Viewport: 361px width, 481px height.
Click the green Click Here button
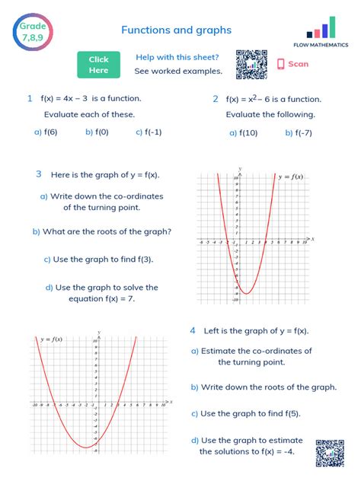(98, 65)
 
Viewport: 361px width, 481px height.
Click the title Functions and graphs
(176, 30)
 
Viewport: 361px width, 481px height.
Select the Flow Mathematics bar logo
(321, 30)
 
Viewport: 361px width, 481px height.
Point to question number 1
(30, 98)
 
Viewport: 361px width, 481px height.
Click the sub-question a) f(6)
(46, 132)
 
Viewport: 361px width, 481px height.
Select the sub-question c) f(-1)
(149, 132)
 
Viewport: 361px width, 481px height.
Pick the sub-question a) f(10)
(244, 132)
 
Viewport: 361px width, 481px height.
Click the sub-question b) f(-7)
(299, 132)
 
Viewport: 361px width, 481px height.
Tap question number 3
(38, 174)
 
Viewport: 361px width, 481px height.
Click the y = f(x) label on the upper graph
(289, 177)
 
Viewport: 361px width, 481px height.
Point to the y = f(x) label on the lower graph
(52, 339)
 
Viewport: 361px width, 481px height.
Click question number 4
(193, 330)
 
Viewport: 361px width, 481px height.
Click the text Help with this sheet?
(177, 57)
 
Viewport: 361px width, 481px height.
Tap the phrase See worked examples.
(178, 72)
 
